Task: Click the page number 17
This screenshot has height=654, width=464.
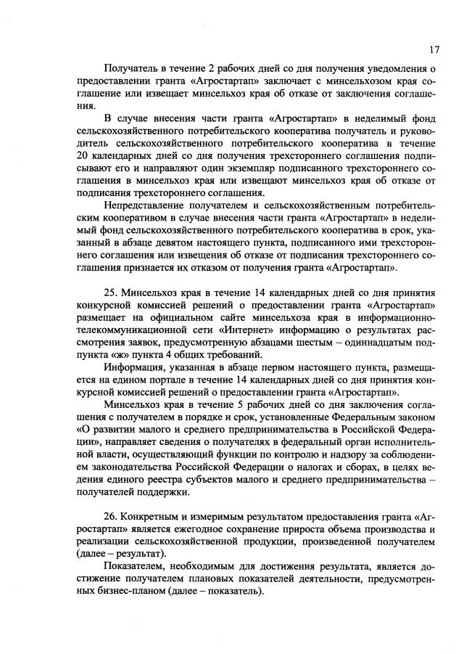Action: click(x=434, y=49)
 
